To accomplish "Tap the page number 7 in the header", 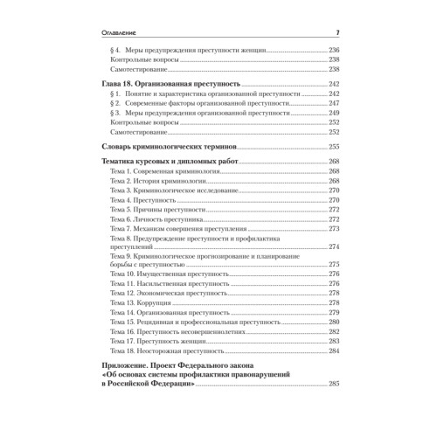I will [337, 33].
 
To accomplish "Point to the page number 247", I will [333, 102].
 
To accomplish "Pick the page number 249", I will [333, 114].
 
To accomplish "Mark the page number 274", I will [333, 247].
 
